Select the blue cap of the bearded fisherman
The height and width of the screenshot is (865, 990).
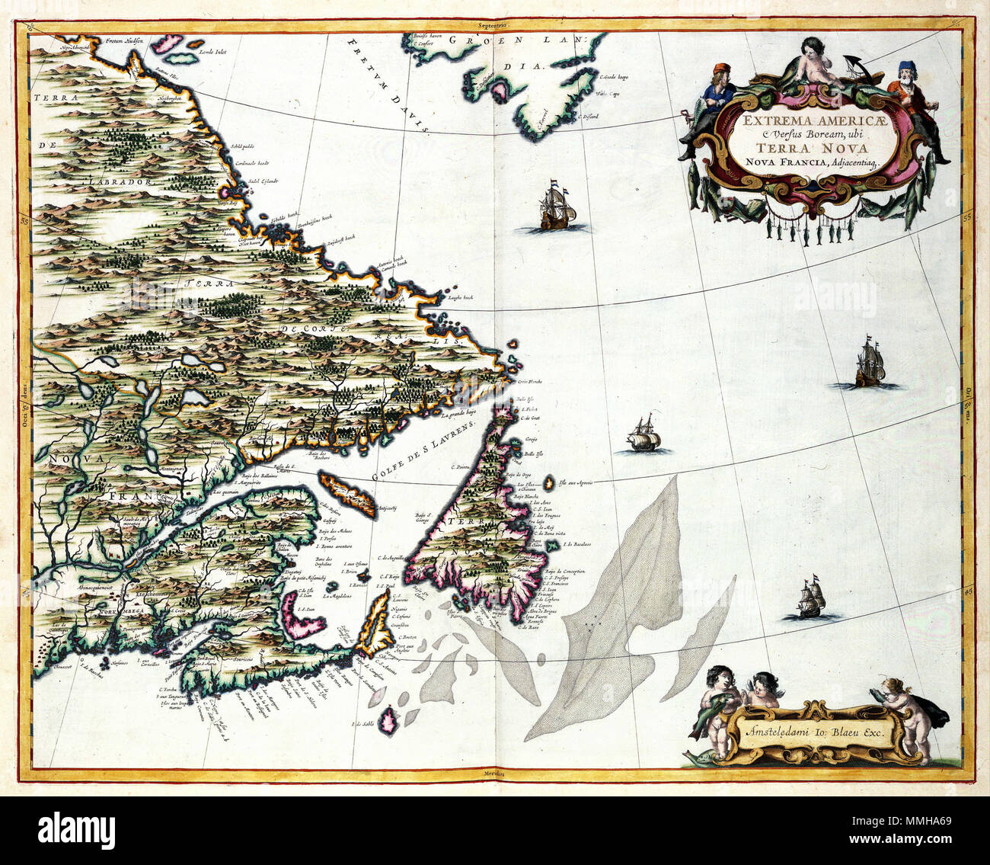pos(905,67)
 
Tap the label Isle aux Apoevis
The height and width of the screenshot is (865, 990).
pos(575,482)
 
